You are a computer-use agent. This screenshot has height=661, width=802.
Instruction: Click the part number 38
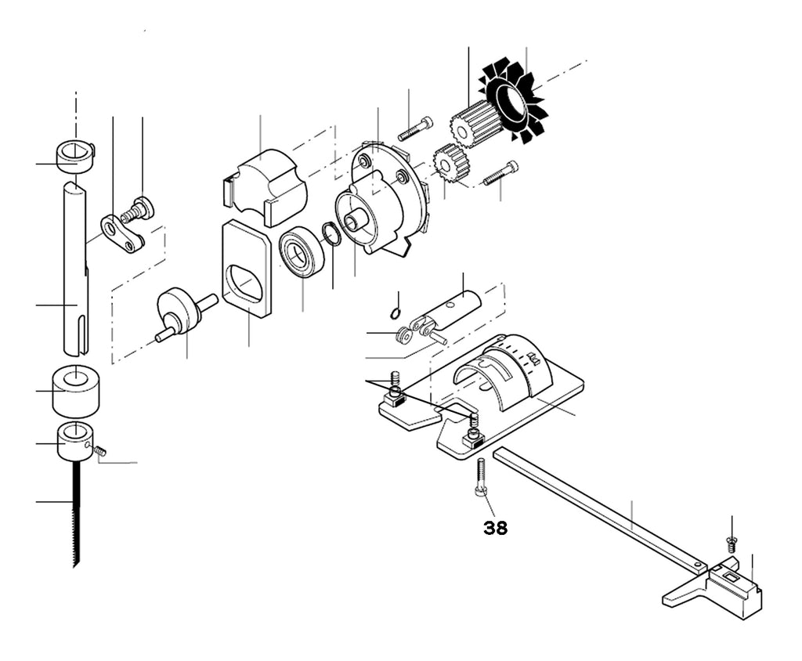coord(495,528)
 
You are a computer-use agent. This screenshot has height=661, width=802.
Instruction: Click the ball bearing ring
coord(302,254)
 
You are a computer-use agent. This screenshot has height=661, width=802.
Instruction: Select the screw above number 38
coord(481,476)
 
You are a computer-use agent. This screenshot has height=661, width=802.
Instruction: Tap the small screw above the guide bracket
coord(731,544)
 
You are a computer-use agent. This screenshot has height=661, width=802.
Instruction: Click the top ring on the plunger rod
coord(75,157)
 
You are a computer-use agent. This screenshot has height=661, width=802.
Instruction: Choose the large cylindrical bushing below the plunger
coord(76,390)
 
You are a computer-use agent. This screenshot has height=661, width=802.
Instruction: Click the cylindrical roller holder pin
coord(450,309)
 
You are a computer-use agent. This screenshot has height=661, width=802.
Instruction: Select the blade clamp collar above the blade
coord(76,441)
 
